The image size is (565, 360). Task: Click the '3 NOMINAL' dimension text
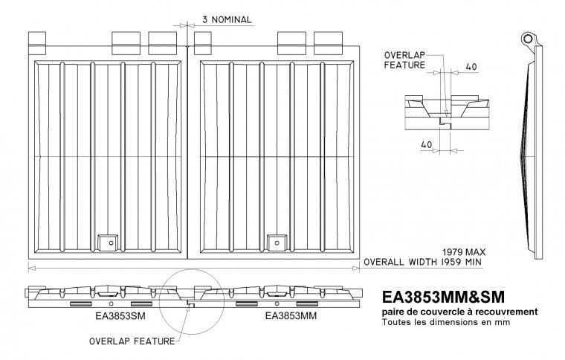point(227,20)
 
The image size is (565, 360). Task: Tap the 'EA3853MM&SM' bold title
point(443,298)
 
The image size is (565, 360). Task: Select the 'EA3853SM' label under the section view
point(120,316)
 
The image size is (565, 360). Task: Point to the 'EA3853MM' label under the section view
point(291,316)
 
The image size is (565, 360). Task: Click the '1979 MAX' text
point(464,252)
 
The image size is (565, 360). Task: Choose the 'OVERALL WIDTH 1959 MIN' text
point(422,262)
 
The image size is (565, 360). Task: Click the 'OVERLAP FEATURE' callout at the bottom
point(132,341)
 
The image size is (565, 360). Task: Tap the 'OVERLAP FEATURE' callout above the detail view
point(404,60)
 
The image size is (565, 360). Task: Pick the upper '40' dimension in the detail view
point(471,67)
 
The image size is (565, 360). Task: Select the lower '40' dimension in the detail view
point(426,144)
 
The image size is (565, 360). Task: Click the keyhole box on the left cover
point(108,242)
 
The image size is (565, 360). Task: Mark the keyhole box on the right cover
point(277,242)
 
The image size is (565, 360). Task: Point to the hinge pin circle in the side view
point(528,38)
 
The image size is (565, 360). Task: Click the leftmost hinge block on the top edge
point(37,43)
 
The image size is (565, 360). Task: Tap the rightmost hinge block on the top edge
point(328,43)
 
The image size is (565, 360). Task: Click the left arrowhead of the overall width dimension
point(32,268)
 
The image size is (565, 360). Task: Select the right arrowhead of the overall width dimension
point(355,268)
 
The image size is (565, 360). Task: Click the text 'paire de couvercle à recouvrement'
point(459,312)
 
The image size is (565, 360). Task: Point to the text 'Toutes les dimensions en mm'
point(446,322)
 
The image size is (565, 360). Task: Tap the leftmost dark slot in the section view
point(81,303)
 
